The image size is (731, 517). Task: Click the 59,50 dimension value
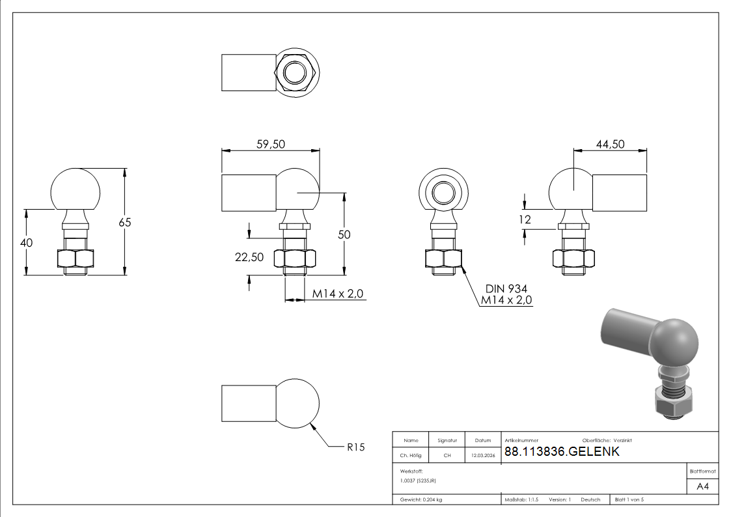[x=270, y=144]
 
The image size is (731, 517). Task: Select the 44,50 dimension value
[x=611, y=144]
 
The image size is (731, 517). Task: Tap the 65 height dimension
[x=125, y=223]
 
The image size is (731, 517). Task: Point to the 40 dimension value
[x=27, y=242]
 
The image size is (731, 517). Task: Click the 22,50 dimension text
[x=249, y=257]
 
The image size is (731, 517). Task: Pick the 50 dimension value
[x=344, y=234]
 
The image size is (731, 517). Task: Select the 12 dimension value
[x=525, y=219]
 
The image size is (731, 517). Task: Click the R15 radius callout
[x=355, y=447]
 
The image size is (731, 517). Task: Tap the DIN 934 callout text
[x=506, y=288]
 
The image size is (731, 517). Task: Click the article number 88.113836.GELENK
[x=562, y=451]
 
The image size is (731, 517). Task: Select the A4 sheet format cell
[x=702, y=486]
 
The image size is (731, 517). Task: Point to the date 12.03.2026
[x=483, y=455]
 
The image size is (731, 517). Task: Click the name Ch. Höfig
[x=411, y=455]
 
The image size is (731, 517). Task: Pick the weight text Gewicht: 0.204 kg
[x=421, y=500]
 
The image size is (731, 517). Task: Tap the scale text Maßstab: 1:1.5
[x=521, y=500]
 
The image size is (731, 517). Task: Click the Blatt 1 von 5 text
[x=629, y=500]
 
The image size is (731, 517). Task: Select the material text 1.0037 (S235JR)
[x=418, y=481]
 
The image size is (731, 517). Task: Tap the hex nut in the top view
[x=295, y=73]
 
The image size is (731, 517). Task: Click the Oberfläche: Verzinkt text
[x=607, y=441]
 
